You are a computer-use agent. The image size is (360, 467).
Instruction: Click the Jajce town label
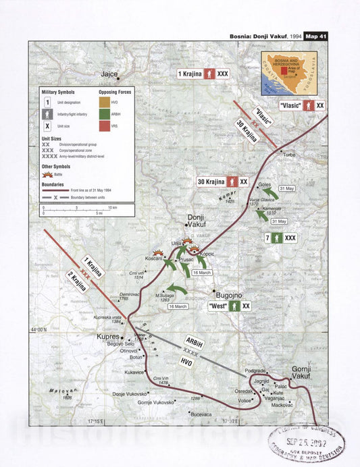point(109,74)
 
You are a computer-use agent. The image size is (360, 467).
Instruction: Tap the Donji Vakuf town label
point(198,222)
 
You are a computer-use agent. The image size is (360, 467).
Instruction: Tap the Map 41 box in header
point(315,36)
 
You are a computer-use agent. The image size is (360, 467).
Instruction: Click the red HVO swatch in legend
point(104,101)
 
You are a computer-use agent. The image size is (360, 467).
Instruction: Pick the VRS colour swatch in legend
point(104,126)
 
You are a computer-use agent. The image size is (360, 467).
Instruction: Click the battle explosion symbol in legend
point(47,174)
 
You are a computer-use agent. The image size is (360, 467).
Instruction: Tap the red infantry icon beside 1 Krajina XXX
point(210,73)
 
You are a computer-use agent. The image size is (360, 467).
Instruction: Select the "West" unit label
point(217,306)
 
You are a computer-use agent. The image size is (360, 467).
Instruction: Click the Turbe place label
point(290,155)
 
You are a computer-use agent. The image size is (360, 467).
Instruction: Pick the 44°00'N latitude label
point(39,330)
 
